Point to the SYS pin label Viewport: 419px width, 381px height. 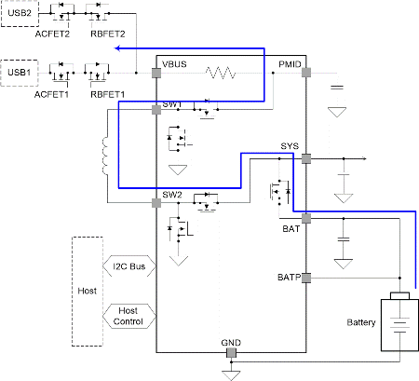[x=290, y=147]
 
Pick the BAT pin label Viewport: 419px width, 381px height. [x=291, y=226]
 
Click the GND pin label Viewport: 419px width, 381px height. [x=231, y=343]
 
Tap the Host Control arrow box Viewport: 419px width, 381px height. [x=128, y=316]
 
